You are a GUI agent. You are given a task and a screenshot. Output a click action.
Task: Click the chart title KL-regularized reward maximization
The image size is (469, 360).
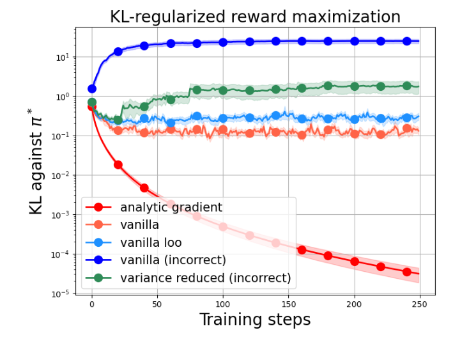pyautogui.click(x=255, y=17)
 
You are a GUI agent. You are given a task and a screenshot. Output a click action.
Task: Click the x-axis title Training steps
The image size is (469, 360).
pyautogui.click(x=255, y=319)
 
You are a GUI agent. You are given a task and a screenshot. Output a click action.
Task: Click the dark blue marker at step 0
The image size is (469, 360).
pyautogui.click(x=92, y=89)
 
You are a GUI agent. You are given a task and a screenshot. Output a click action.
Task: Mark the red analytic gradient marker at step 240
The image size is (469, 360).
pyautogui.click(x=407, y=272)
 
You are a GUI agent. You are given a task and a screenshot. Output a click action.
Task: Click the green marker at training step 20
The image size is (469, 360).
pyautogui.click(x=118, y=120)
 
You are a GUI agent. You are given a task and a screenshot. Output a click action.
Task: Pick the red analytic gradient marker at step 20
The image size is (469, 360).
pyautogui.click(x=118, y=164)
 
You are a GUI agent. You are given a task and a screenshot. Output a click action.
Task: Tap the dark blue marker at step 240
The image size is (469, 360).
pyautogui.click(x=407, y=41)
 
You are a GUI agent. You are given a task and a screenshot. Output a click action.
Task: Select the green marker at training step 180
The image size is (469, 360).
pyautogui.click(x=328, y=86)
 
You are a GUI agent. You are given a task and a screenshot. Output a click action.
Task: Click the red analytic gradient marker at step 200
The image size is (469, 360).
pyautogui.click(x=355, y=262)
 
